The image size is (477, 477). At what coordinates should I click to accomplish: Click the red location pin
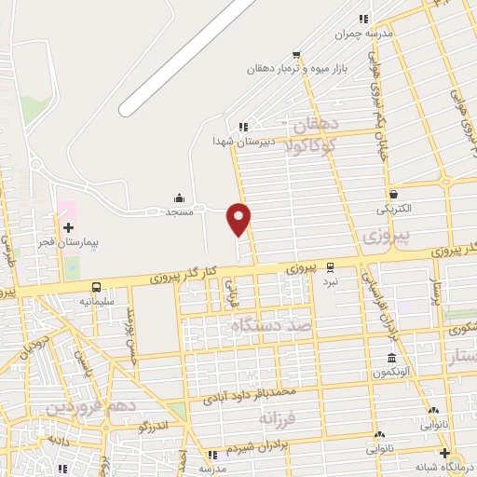point(239,218)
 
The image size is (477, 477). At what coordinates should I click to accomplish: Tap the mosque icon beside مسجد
point(179,198)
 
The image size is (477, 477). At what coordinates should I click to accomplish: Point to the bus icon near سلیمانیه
point(97,287)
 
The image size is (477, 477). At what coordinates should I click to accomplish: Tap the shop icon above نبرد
point(328,266)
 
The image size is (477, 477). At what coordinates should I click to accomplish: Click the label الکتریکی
point(394,210)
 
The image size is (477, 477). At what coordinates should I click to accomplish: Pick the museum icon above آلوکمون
point(390,359)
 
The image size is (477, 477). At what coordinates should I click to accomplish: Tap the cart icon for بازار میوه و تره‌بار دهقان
point(297,54)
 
